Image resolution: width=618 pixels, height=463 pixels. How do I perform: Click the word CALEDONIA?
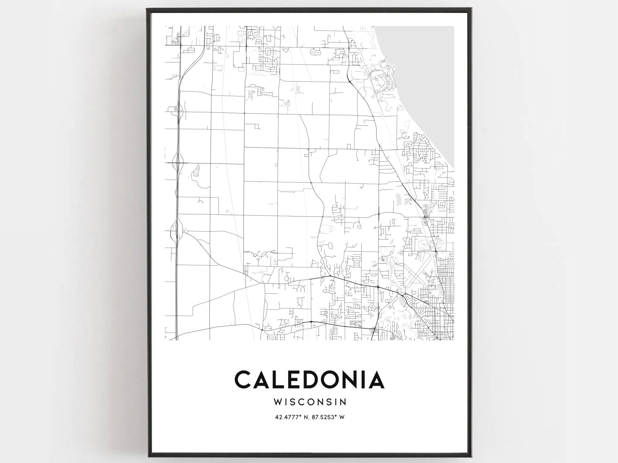(x=309, y=380)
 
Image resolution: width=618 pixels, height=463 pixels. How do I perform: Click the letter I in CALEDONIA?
(x=366, y=380)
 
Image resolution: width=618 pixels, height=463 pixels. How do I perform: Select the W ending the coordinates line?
(x=342, y=417)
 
